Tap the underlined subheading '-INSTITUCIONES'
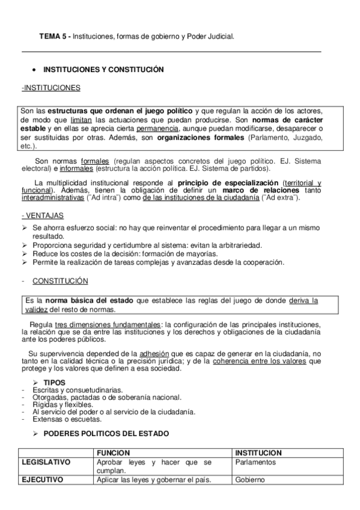50,88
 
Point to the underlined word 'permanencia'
157,129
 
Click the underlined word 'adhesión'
154,353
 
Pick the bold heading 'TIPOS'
55,382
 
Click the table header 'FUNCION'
113,452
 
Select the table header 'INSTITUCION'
258,452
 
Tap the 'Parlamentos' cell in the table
255,462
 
